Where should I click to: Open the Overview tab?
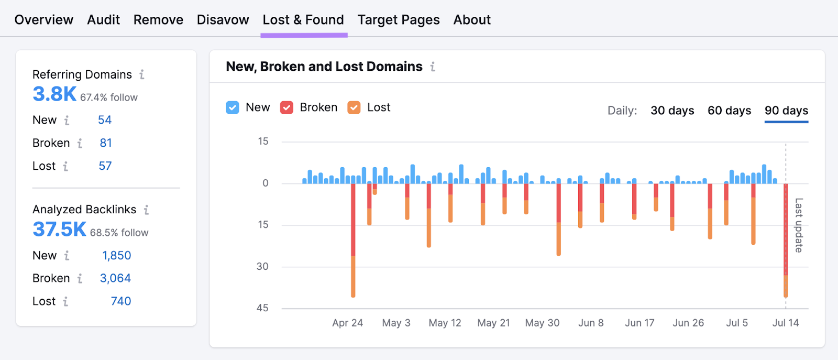[x=44, y=20]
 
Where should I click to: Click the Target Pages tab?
[x=399, y=20]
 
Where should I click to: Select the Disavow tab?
[x=223, y=20]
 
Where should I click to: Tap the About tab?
[x=472, y=20]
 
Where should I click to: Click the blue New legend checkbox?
[x=233, y=107]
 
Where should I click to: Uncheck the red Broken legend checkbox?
[x=286, y=107]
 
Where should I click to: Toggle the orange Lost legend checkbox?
[x=354, y=107]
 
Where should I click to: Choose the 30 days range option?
[x=672, y=111]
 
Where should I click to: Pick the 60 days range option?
[x=729, y=111]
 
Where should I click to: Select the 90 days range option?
[x=786, y=111]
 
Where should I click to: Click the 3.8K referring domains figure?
[x=54, y=94]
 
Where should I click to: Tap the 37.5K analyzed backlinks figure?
[x=59, y=230]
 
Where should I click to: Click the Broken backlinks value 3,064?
[x=115, y=278]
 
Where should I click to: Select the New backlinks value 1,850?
[x=116, y=256]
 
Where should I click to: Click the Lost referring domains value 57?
[x=105, y=166]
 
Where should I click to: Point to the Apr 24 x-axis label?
[x=347, y=323]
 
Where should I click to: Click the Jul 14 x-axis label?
[x=785, y=323]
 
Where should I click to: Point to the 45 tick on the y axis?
[x=262, y=308]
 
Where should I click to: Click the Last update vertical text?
[x=799, y=225]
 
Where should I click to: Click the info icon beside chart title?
[x=433, y=67]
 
